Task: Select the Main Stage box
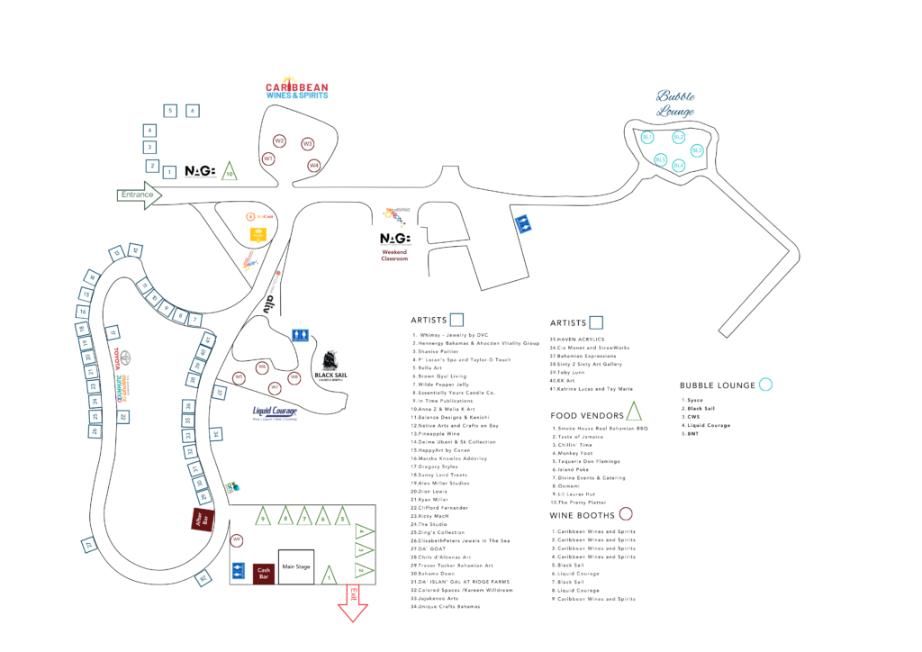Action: click(296, 567)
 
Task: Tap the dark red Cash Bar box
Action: click(263, 572)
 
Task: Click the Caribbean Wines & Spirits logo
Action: click(296, 88)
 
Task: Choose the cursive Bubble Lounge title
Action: click(675, 103)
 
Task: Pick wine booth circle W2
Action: click(280, 141)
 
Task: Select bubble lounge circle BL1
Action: click(646, 137)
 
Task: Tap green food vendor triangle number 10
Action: click(230, 171)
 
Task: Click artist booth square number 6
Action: click(192, 111)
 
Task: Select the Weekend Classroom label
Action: click(394, 255)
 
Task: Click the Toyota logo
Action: click(125, 358)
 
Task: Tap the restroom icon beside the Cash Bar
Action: click(239, 570)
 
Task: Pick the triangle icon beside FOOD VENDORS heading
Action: click(634, 412)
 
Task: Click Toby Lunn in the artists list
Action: click(568, 371)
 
